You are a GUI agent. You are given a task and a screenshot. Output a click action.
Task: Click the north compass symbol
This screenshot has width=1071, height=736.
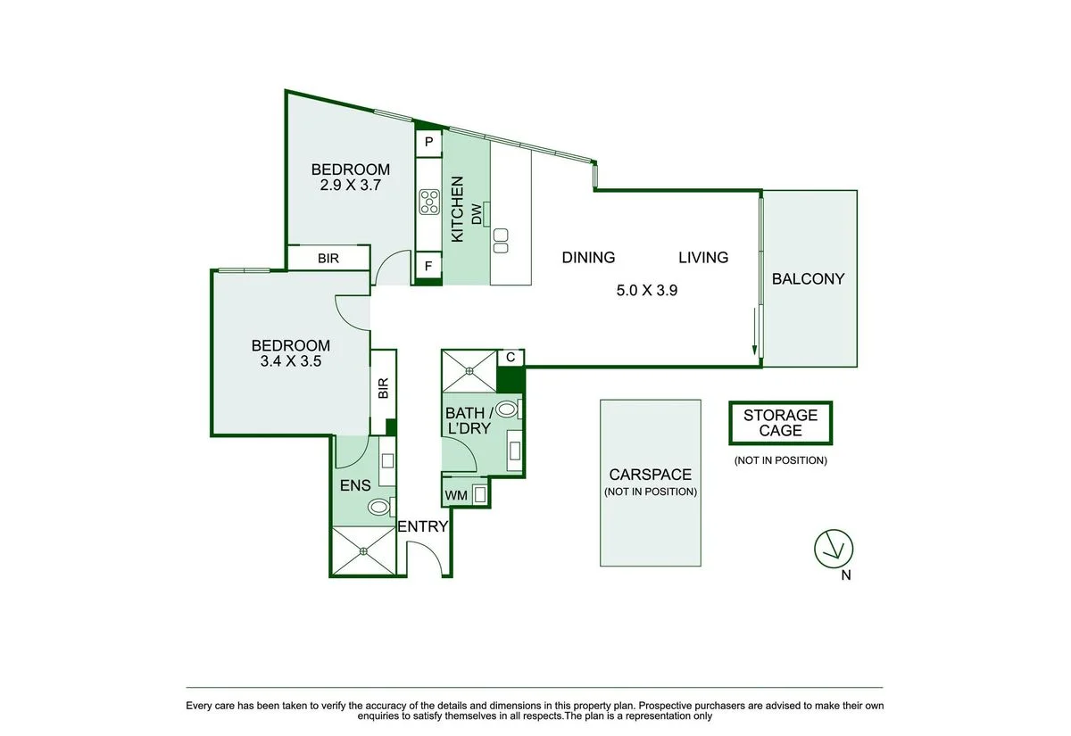(x=834, y=548)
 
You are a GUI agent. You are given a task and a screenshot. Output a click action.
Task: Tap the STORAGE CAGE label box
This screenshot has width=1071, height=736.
(x=780, y=423)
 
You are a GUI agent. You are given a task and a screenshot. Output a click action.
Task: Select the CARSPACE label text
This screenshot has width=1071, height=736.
(x=650, y=476)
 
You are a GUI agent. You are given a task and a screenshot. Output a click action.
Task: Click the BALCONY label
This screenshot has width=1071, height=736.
(x=808, y=278)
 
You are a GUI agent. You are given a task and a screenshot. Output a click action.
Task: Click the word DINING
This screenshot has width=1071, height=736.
(x=588, y=258)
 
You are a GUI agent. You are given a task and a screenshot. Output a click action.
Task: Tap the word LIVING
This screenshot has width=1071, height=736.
(x=703, y=258)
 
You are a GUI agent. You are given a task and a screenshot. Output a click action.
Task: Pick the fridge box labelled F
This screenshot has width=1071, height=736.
(x=428, y=266)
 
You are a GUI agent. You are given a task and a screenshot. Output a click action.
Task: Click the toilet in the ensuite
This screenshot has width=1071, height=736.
(x=379, y=508)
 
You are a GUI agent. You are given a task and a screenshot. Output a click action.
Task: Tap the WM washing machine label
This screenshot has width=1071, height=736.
(x=454, y=493)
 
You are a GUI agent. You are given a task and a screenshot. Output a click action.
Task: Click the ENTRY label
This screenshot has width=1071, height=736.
(x=422, y=527)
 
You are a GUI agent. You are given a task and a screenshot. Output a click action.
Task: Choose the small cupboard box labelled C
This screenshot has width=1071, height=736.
(x=510, y=357)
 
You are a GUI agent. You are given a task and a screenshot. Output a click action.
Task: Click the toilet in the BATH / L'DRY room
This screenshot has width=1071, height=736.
(x=506, y=409)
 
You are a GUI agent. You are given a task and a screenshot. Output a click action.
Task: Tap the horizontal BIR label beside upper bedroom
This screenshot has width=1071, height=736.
(x=328, y=259)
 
